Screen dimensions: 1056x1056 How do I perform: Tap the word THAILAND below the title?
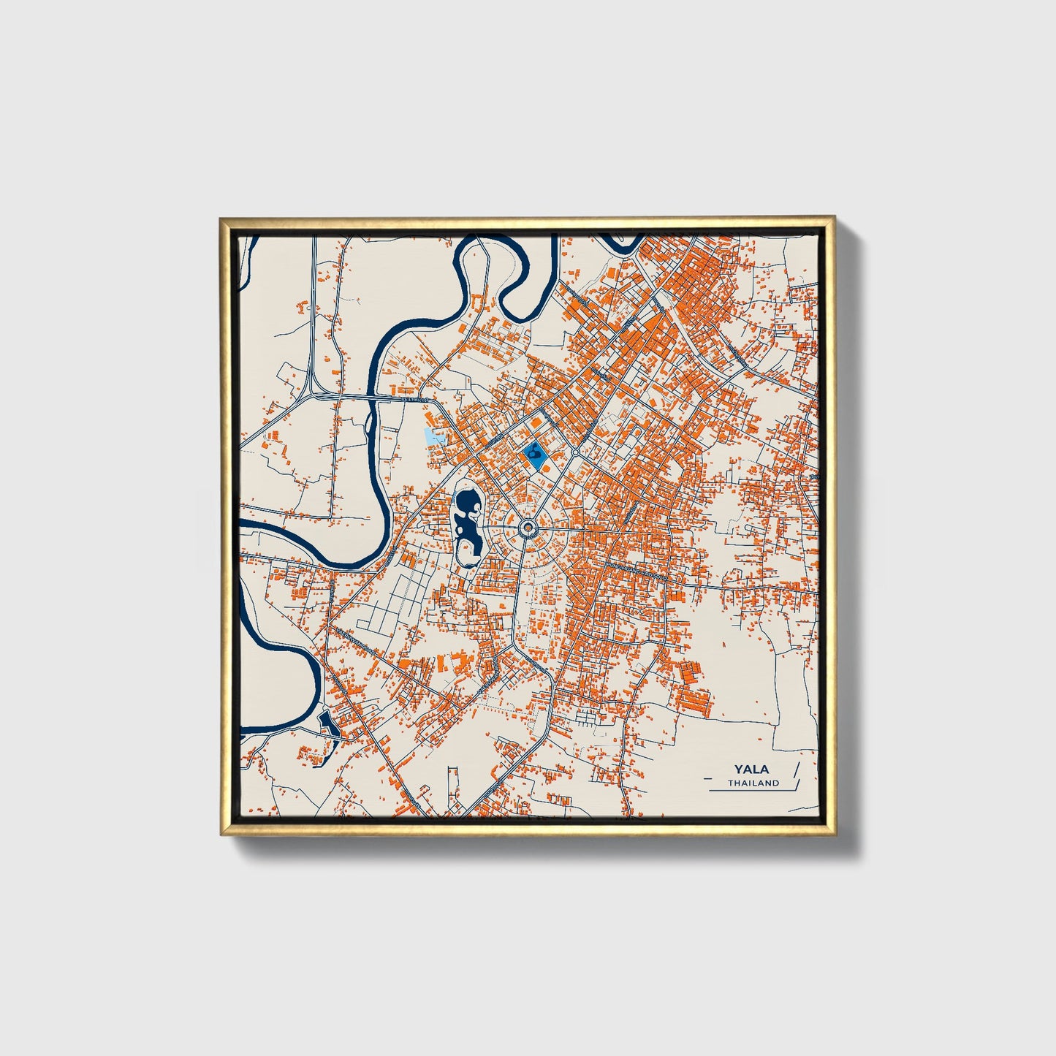pos(753,783)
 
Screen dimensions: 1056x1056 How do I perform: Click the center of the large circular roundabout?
pos(528,527)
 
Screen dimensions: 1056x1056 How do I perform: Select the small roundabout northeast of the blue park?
pos(575,453)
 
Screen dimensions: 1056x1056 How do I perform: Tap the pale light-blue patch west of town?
pos(433,438)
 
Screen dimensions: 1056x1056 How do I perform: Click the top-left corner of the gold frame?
pos(221,218)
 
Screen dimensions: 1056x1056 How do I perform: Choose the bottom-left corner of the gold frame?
pos(221,834)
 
